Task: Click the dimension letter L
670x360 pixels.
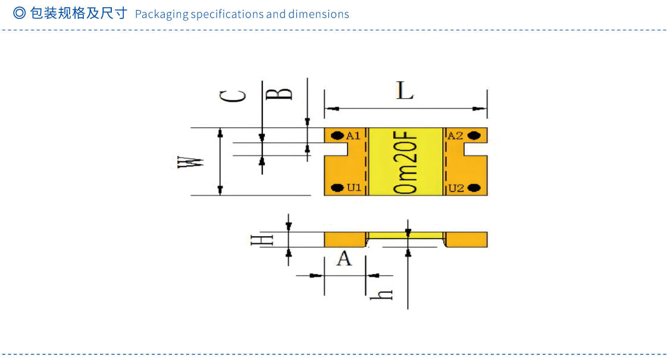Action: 405,91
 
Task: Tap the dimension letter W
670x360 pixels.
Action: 192,162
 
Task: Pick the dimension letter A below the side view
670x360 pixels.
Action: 345,259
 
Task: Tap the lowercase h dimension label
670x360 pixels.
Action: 386,293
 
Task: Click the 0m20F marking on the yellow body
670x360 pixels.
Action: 406,162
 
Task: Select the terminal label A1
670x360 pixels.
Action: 353,136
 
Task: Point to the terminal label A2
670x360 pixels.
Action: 455,136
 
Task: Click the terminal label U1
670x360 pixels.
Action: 354,188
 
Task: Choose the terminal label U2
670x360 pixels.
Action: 456,188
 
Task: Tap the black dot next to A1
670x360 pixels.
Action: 337,135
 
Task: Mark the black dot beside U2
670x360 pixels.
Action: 474,188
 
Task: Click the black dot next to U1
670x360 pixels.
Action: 337,188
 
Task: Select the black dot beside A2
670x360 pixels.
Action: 474,135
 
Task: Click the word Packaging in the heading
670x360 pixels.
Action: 161,14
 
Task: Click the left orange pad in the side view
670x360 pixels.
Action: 345,239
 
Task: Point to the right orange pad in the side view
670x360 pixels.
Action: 467,239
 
